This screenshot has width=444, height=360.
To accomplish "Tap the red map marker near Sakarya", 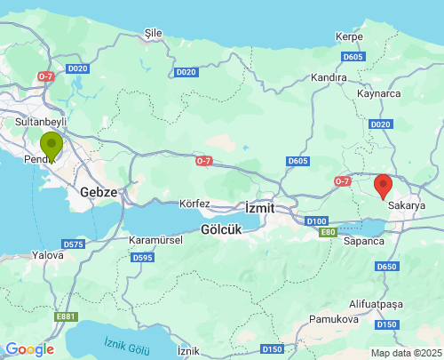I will [384, 186].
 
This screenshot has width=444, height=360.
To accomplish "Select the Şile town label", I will [154, 33].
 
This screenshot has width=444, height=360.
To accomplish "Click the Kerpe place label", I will [349, 36].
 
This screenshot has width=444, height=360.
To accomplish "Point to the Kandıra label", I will [329, 77].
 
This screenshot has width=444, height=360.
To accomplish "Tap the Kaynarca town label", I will [378, 92].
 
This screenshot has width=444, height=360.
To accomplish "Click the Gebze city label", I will [98, 191].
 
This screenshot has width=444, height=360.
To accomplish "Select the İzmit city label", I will [260, 207].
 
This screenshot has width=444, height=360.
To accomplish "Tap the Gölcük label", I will [222, 228].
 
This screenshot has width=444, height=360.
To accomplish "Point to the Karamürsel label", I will [155, 240].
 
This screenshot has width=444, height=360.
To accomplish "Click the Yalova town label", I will [46, 254].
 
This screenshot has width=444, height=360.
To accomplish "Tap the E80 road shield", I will [329, 231].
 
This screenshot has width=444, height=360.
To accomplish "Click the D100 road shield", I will [316, 219].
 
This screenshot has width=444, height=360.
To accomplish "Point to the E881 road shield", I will [66, 316].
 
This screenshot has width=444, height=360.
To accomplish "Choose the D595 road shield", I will [142, 258].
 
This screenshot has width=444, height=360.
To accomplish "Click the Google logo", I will [29, 349].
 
